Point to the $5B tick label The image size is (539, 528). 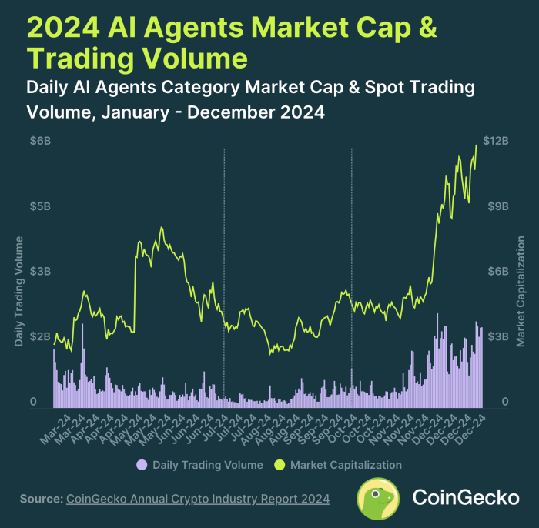pos(41,206)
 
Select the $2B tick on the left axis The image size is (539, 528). pos(41,336)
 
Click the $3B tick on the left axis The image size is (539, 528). pos(41,272)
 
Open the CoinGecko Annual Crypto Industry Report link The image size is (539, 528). pos(199,500)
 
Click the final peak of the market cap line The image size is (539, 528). pos(477,145)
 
